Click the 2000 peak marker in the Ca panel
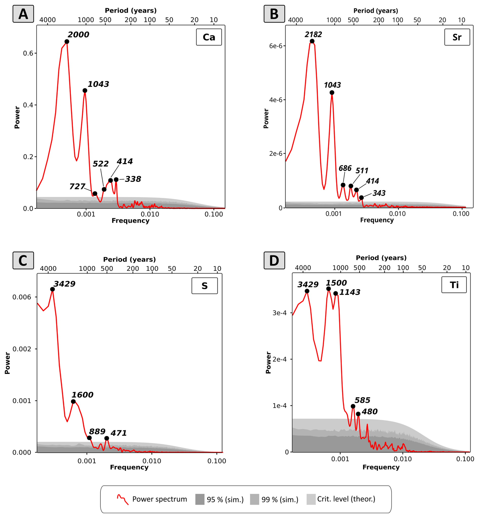click(x=67, y=42)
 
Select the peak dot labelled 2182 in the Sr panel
click(x=312, y=41)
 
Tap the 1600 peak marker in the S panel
click(x=73, y=401)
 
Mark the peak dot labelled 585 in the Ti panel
click(x=353, y=406)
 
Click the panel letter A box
click(x=23, y=14)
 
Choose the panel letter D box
click(x=274, y=260)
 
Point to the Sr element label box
click(x=457, y=37)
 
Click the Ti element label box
click(x=454, y=285)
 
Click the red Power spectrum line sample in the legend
click(x=123, y=499)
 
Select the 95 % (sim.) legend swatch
click(x=200, y=499)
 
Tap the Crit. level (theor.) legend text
click(x=346, y=499)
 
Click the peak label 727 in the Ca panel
click(x=77, y=186)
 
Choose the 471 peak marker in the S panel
click(x=107, y=438)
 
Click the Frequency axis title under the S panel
click(x=129, y=467)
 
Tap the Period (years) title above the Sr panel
click(x=376, y=11)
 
